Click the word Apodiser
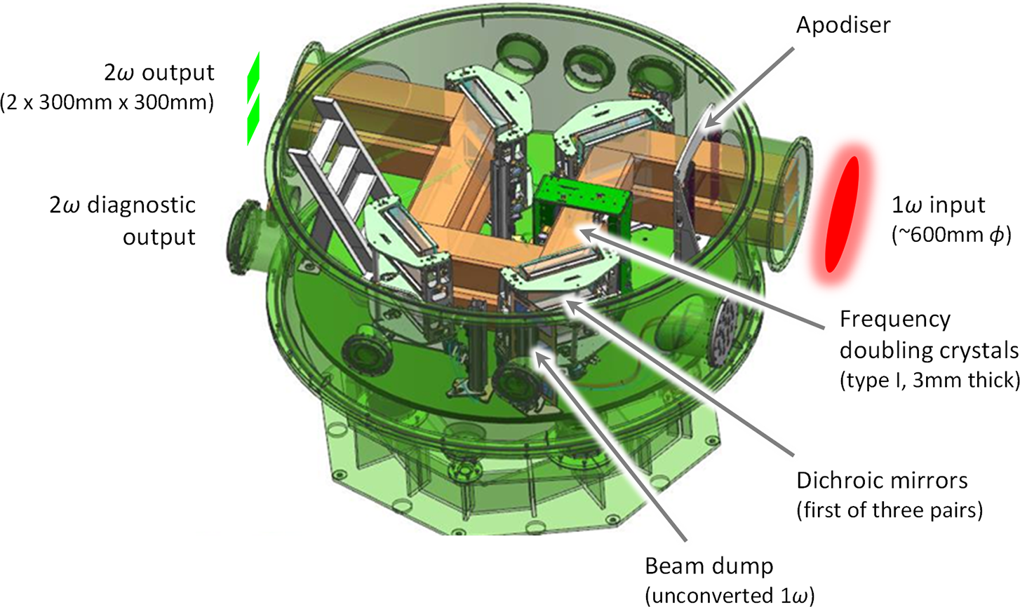coord(843,25)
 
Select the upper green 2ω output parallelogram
coord(253,78)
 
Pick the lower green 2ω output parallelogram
coord(253,120)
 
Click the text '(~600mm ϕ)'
coord(951,236)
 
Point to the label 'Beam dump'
coord(709,566)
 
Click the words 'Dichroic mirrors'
coord(882,481)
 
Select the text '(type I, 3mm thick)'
coord(929,380)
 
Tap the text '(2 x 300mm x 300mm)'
coord(107,102)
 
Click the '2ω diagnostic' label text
coord(123,205)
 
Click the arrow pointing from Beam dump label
coord(610,446)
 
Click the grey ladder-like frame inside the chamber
coord(335,182)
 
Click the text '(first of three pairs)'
coord(890,510)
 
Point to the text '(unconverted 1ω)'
coord(730,596)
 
